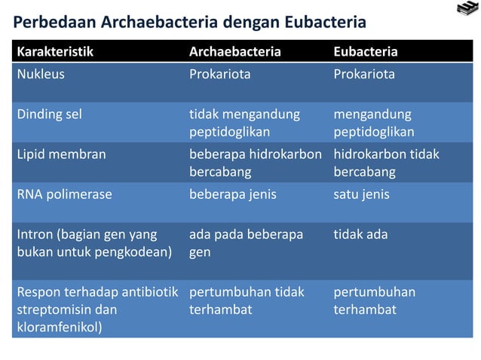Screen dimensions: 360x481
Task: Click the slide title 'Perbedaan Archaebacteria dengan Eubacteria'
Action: (x=190, y=23)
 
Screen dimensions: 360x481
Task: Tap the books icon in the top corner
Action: (x=467, y=10)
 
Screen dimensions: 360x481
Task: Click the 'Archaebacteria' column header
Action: (x=234, y=52)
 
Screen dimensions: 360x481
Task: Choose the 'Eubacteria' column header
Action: (x=366, y=52)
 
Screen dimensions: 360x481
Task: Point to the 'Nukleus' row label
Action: (x=41, y=75)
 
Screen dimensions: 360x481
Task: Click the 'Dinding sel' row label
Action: (x=49, y=114)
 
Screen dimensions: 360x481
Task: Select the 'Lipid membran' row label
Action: (x=61, y=154)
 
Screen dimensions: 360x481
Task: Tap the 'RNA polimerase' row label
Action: (x=64, y=194)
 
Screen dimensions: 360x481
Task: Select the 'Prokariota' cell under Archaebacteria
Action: (x=219, y=75)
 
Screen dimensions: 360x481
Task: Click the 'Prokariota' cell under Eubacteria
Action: (x=364, y=75)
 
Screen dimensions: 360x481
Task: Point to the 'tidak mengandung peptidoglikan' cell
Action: (x=244, y=123)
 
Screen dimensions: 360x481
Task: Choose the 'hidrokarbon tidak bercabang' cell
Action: (x=386, y=163)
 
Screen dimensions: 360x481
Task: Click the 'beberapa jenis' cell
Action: (x=232, y=194)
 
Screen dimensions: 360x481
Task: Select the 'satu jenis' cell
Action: (x=361, y=194)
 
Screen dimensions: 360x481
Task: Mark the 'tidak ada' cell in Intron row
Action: (x=360, y=234)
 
